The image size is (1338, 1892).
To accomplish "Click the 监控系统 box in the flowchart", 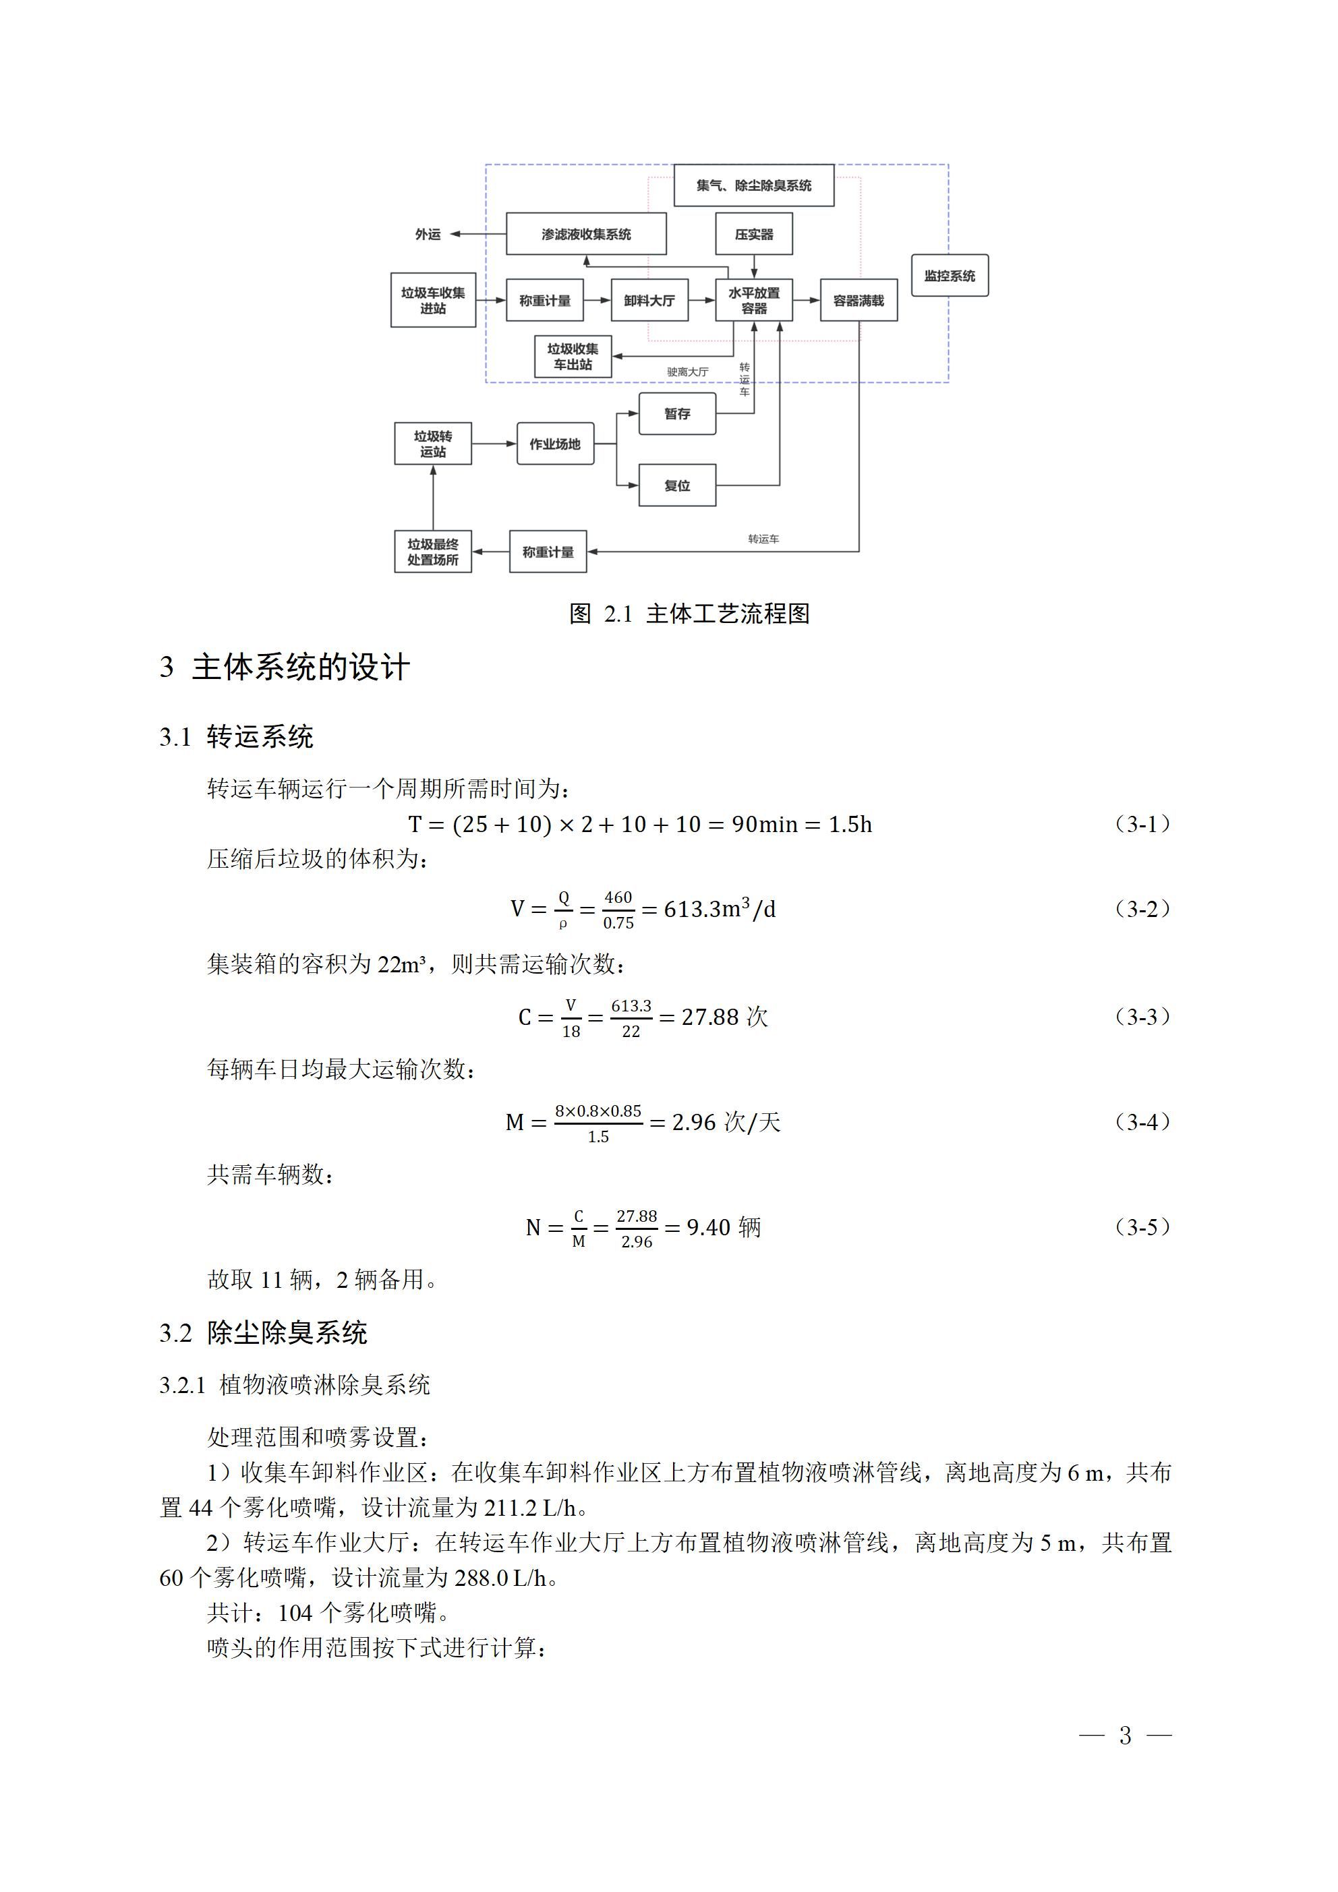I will [x=949, y=275].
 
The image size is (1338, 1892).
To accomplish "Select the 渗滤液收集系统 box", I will [x=585, y=234].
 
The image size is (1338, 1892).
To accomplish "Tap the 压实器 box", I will [x=753, y=234].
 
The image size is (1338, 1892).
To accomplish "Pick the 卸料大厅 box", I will [x=649, y=300].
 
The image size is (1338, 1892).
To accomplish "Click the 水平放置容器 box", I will [x=753, y=300].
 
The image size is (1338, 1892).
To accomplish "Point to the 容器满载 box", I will [x=859, y=300].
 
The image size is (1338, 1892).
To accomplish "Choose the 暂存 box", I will [x=677, y=414].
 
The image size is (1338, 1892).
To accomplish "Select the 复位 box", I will [x=677, y=485].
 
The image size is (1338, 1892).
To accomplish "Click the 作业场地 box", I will [x=555, y=444].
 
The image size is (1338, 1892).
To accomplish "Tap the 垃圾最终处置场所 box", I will [x=433, y=552].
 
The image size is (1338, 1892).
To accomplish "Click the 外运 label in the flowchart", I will [x=428, y=234].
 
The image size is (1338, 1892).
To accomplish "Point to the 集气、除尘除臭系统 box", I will [x=753, y=185].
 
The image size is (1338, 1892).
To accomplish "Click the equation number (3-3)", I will [x=1142, y=1016].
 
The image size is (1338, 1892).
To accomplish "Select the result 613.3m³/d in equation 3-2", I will [x=719, y=909].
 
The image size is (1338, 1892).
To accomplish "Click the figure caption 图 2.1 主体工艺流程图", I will [x=689, y=614].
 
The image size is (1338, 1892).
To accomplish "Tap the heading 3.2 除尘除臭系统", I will [x=263, y=1333].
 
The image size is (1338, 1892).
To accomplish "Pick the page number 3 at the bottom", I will [x=1124, y=1736].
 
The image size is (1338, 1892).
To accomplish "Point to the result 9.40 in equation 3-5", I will [x=708, y=1227].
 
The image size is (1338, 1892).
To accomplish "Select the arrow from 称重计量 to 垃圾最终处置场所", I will [x=490, y=552].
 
